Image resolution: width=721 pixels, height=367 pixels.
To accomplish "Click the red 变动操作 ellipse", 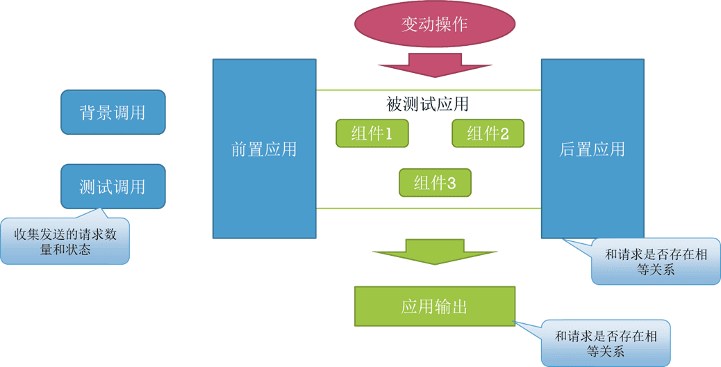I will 435,24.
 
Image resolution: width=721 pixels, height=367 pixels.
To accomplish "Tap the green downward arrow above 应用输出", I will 435,251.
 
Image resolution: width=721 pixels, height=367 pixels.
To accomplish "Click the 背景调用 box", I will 113,112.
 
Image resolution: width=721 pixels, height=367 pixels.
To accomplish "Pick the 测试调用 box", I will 113,186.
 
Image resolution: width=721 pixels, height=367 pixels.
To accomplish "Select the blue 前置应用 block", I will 264,149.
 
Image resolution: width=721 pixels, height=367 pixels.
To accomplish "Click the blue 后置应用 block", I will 592,149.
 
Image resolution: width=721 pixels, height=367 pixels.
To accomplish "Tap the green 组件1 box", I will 372,133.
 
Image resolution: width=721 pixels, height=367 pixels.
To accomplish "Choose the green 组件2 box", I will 488,133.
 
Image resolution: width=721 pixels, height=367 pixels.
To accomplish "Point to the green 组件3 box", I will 435,183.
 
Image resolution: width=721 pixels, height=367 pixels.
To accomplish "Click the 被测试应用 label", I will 428,104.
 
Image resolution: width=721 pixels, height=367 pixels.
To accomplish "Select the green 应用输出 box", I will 435,307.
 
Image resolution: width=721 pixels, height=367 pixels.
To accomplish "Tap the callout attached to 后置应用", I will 655,262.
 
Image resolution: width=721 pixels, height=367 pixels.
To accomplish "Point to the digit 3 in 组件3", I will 451,183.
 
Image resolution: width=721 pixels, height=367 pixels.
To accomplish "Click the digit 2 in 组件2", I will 504,134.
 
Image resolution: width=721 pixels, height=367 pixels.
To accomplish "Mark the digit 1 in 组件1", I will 388,134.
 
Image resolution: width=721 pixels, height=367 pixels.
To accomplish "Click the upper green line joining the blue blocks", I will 428,90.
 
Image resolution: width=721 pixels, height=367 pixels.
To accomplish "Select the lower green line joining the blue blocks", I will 428,208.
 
